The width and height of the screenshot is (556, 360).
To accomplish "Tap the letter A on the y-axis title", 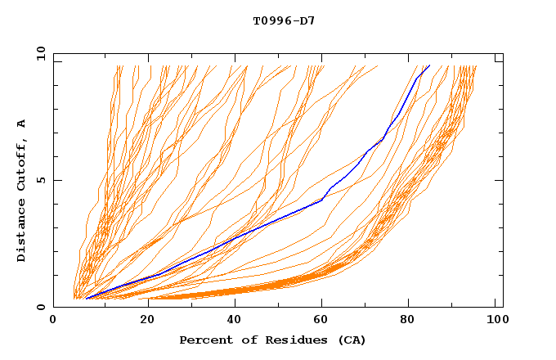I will pyautogui.click(x=22, y=124).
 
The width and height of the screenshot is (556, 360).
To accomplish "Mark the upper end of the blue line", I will pyautogui.click(x=429, y=65).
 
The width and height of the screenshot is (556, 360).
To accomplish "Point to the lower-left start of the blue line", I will pyautogui.click(x=86, y=299).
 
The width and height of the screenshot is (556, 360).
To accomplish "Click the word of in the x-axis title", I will pyautogui.click(x=245, y=340).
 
